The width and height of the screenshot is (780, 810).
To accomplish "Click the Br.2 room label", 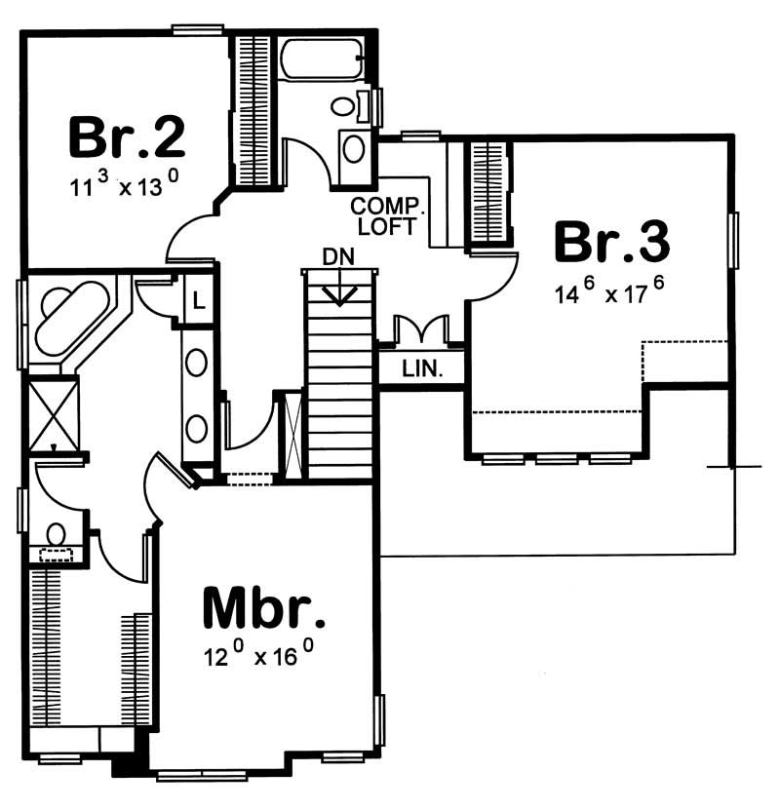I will click(x=127, y=138).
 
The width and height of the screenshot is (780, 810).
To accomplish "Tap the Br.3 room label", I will click(x=611, y=243).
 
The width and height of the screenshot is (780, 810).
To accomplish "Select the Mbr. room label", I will click(x=262, y=610).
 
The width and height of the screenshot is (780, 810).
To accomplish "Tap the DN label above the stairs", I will click(x=339, y=257).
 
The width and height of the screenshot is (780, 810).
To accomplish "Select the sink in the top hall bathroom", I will click(x=355, y=149).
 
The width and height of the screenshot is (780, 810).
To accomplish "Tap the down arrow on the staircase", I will click(x=339, y=290).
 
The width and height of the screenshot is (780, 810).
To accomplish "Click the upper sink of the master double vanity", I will click(x=197, y=364).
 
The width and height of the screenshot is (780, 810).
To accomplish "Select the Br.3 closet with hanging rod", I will click(x=488, y=193).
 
